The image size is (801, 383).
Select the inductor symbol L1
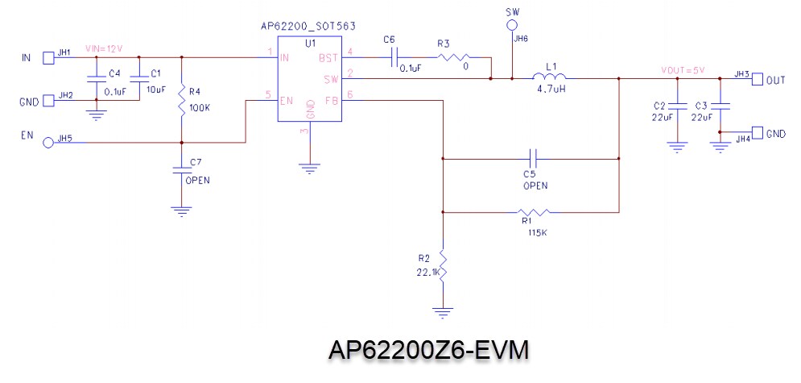coord(551,77)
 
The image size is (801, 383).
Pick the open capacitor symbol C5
coord(531,158)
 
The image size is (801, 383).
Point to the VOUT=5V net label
coord(682,70)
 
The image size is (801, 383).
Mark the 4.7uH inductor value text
coord(551,90)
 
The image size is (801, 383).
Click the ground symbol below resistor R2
coord(442,309)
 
